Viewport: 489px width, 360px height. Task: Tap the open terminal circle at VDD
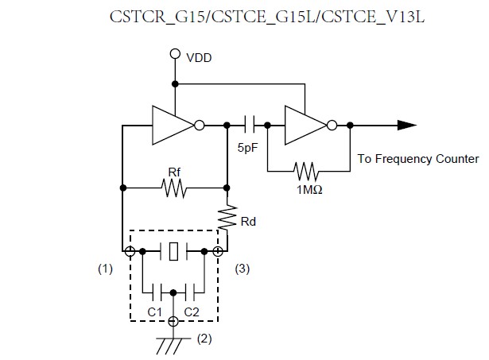pos(174,55)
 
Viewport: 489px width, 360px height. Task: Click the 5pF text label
pos(247,148)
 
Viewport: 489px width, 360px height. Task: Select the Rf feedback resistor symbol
pos(173,188)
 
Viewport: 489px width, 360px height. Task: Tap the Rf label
pos(173,172)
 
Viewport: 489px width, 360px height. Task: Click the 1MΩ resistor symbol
pos(305,170)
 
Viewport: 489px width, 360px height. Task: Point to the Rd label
pos(247,221)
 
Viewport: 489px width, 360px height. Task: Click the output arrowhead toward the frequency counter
pos(406,125)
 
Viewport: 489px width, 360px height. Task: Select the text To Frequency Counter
pos(417,159)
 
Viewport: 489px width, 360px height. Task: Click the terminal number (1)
pos(105,269)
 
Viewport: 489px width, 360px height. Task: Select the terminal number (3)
pos(243,269)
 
